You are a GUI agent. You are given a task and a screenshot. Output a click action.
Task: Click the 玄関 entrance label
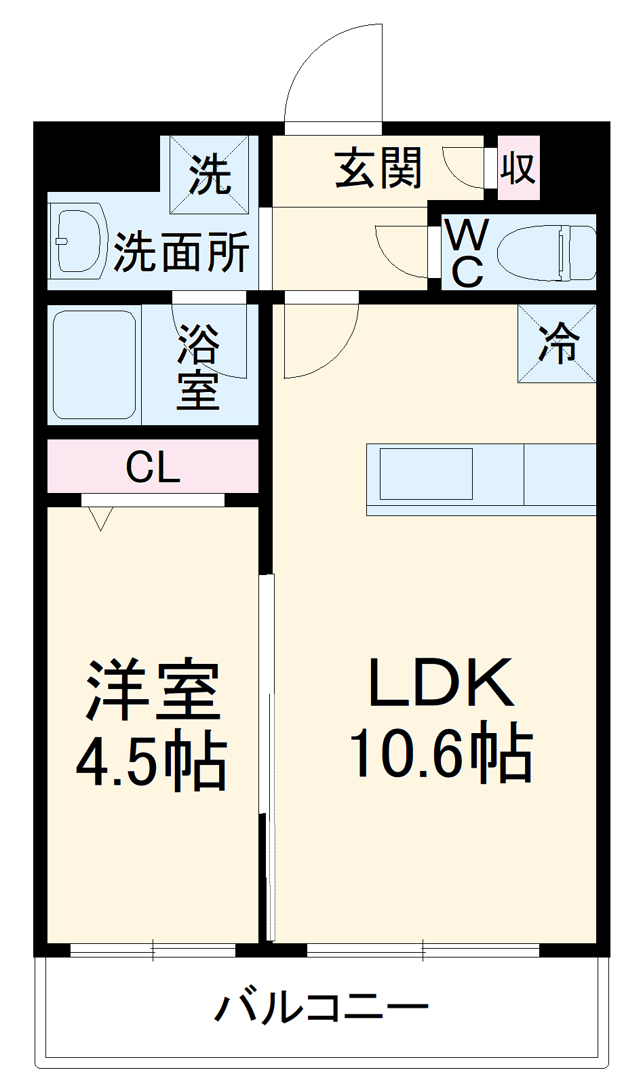(378, 168)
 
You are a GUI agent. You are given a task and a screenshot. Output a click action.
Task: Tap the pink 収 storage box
(519, 167)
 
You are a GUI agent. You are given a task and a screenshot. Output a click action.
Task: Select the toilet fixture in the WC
(546, 252)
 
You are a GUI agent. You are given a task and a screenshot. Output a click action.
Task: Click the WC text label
(467, 253)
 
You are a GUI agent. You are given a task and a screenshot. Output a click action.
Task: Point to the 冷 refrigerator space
(558, 343)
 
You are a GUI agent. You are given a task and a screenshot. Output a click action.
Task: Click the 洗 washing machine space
(210, 174)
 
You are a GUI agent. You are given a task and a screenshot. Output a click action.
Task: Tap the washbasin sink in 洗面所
(78, 241)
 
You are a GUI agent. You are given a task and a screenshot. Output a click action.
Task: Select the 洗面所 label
(182, 252)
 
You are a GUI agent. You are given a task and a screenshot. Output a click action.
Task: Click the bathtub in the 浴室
(94, 364)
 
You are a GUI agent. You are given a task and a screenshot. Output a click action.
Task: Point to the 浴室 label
(198, 366)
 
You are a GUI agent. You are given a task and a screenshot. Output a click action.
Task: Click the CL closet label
(153, 467)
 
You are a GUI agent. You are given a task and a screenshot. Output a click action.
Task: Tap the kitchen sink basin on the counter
(426, 474)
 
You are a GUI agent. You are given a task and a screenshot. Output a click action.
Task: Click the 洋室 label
(153, 690)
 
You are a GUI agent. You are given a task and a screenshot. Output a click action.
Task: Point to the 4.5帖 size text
(151, 760)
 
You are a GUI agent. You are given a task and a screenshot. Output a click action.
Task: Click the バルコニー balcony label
(321, 1007)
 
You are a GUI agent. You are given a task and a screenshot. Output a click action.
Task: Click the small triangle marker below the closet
(100, 518)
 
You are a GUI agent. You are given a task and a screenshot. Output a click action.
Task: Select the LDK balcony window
(423, 949)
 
